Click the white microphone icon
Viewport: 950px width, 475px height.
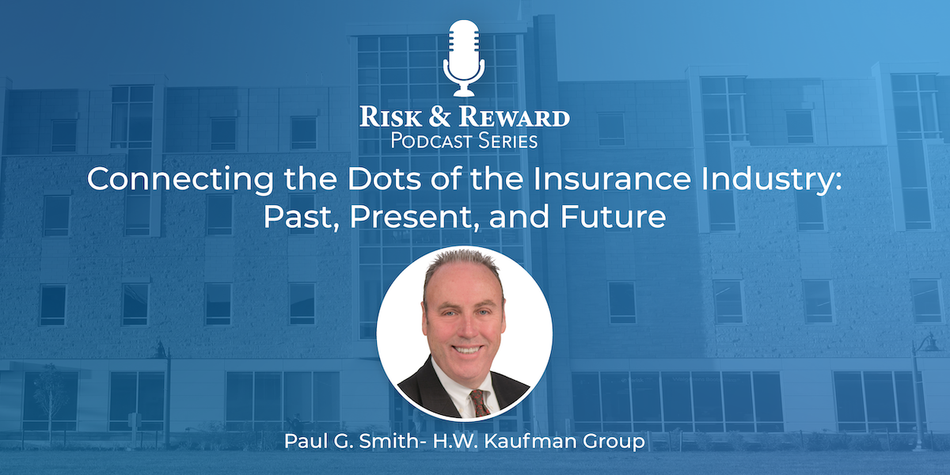[464, 58]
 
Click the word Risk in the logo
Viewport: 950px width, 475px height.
[391, 116]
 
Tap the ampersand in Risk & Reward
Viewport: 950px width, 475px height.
[439, 117]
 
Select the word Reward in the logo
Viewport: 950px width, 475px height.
[514, 116]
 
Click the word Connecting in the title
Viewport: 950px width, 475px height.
[180, 180]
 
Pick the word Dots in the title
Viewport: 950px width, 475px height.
[384, 179]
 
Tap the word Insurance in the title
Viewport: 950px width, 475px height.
[612, 179]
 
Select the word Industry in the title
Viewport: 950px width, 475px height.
[771, 180]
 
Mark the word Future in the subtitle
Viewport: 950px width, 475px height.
[613, 217]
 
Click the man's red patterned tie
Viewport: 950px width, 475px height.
[479, 403]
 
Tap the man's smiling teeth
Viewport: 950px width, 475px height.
[466, 350]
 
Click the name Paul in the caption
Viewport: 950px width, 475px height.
[306, 441]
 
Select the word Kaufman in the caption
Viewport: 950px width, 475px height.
[530, 441]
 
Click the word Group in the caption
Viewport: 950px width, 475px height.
[614, 443]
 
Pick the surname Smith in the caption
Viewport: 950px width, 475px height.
[389, 441]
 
